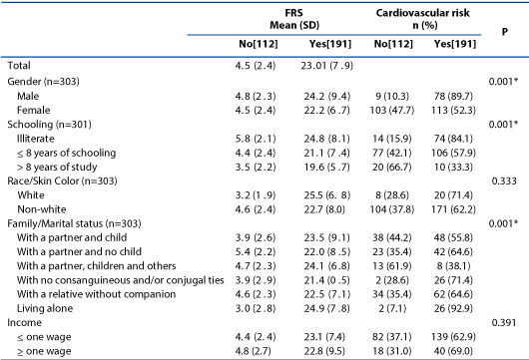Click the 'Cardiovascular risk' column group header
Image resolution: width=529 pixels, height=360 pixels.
click(x=422, y=13)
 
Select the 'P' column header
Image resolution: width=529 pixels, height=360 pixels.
click(x=504, y=32)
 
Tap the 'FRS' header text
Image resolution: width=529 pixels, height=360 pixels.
click(x=294, y=13)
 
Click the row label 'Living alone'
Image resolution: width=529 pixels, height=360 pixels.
click(x=45, y=308)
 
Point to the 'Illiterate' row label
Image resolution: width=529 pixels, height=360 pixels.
click(x=35, y=139)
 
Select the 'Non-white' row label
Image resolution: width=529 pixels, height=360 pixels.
click(x=42, y=209)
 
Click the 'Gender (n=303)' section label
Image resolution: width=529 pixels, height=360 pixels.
click(x=43, y=82)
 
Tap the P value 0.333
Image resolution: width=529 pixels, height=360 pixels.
click(x=504, y=181)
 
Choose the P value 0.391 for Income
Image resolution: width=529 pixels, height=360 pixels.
click(x=504, y=322)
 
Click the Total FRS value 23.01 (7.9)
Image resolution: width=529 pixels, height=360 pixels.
click(x=327, y=66)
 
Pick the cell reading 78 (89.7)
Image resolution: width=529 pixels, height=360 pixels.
click(x=453, y=97)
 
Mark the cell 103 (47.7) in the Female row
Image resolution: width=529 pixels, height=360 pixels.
click(x=392, y=111)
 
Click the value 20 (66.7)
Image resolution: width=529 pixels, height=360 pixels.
click(x=392, y=168)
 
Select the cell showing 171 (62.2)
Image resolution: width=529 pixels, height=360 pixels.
click(x=453, y=209)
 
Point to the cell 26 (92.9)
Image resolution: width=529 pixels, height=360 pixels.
click(x=453, y=308)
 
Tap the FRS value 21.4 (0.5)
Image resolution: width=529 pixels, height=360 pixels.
click(x=327, y=280)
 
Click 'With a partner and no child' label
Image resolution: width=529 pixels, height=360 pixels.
click(x=79, y=251)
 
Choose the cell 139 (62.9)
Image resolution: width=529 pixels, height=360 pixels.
click(x=453, y=337)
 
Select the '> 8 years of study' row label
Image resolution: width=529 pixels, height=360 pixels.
click(x=57, y=167)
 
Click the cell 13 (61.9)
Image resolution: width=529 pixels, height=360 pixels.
click(x=392, y=266)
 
